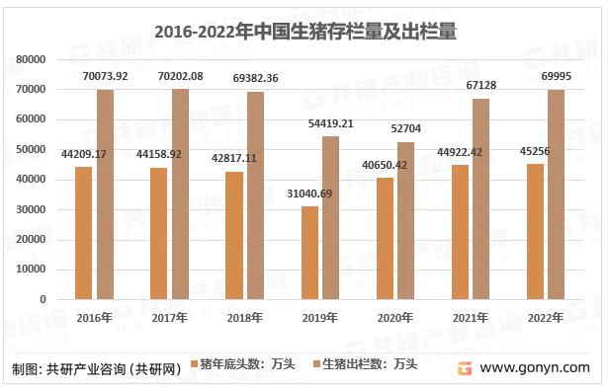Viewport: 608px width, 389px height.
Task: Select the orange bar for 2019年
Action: [310, 253]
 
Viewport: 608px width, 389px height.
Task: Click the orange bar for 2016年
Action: [85, 233]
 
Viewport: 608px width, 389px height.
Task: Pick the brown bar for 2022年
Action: [556, 194]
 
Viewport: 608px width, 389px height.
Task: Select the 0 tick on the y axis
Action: [44, 299]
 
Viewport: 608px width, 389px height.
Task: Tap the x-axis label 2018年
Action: [244, 317]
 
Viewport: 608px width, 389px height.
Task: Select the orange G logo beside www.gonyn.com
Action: [463, 367]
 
